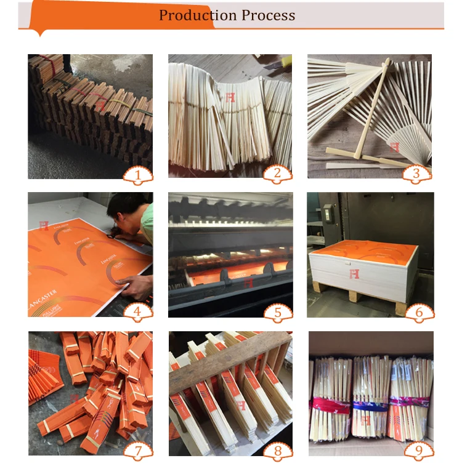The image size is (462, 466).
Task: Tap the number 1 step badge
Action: coord(138,175)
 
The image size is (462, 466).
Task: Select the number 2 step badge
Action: coord(278,174)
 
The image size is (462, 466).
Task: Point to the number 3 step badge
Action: coord(417,174)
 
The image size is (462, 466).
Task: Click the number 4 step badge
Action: coord(138,312)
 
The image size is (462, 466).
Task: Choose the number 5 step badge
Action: coord(278,313)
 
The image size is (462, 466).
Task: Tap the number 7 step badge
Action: coord(138,451)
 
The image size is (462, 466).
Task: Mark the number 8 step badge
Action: coord(278,451)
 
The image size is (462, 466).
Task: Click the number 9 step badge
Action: coord(418,451)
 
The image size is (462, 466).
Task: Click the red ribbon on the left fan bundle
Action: coord(330,404)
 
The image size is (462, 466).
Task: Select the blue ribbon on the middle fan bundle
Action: coord(370,406)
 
